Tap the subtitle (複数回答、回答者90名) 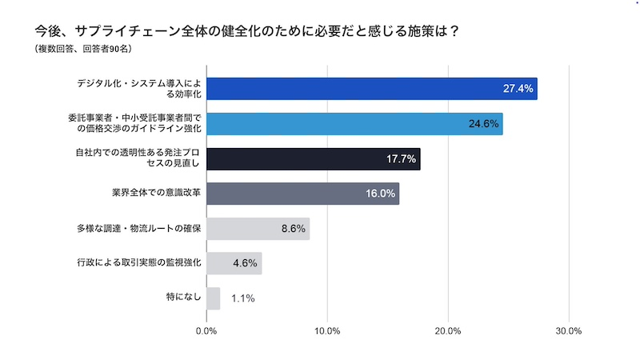pos(83,50)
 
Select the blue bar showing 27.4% pos(371,88)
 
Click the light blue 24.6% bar pos(354,123)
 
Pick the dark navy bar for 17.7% pos(313,158)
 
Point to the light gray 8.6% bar pos(258,229)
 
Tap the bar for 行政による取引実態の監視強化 pos(234,263)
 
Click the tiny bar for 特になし pos(213,298)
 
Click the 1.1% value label pos(242,299)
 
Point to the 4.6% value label pos(245,264)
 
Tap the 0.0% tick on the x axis pos(206,330)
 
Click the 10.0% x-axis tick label pos(327,330)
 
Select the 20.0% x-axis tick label pos(448,330)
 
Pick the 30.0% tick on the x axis pos(568,330)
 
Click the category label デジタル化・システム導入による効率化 pos(138,88)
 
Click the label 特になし pos(182,298)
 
